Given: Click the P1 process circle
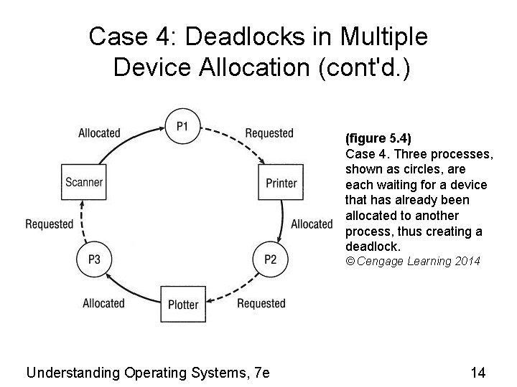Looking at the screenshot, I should [183, 127].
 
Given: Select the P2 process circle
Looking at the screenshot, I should [270, 259].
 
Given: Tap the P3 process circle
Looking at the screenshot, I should [94, 259].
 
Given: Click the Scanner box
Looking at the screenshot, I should [84, 182].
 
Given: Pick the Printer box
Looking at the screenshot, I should [281, 183].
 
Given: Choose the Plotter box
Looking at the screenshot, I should [182, 304].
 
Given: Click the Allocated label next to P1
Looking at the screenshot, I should [99, 133].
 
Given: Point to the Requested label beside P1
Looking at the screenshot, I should [269, 133].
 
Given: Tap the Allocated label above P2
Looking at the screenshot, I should [312, 224].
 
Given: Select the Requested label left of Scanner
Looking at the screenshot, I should [50, 224].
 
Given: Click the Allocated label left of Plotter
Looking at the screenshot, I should [103, 303].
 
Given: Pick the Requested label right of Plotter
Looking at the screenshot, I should [261, 303].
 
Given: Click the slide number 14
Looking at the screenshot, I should [478, 372].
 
